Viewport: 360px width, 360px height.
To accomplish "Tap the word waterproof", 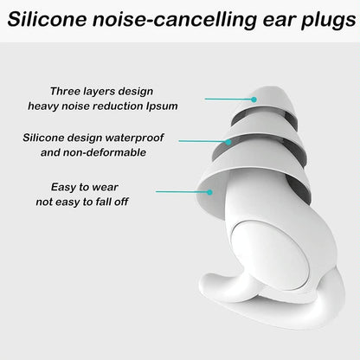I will pyautogui.click(x=133, y=138).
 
